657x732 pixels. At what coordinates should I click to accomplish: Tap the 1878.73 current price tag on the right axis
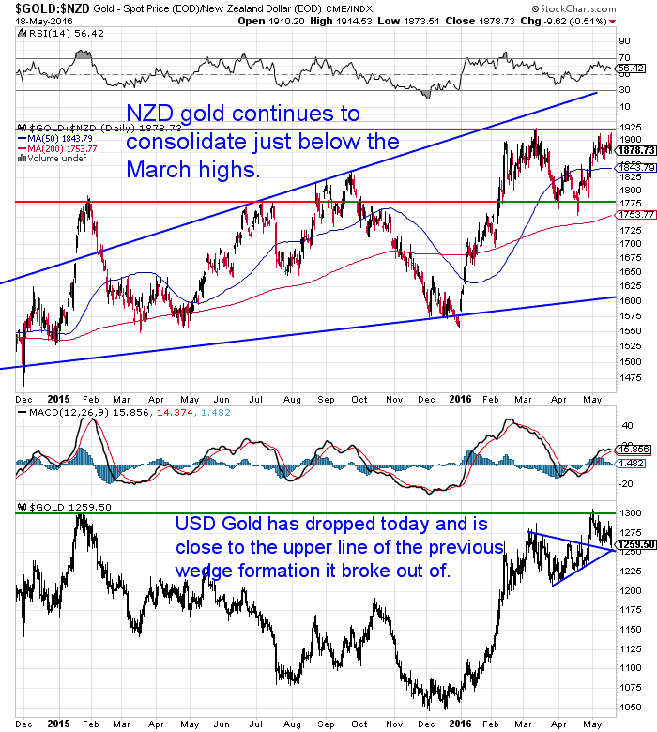point(635,150)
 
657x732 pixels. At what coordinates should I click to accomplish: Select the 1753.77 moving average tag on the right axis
point(635,215)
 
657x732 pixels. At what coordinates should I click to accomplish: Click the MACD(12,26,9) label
point(58,412)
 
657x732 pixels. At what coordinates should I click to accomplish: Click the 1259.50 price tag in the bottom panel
point(635,543)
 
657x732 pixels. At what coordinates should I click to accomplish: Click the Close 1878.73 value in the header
point(502,21)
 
